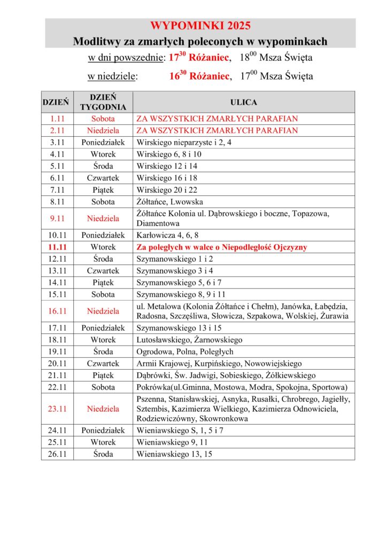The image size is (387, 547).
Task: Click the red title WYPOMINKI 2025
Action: point(200,26)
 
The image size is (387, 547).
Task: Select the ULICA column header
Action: point(243,102)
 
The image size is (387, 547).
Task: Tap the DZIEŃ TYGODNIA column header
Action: point(103,102)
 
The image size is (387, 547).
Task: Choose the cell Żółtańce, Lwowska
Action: point(169,202)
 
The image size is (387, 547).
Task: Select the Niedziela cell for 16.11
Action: point(103,311)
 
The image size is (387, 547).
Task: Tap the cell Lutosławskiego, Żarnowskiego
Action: point(189,340)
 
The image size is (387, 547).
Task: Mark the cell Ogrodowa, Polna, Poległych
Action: point(185,351)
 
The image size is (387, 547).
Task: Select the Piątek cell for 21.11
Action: point(103,375)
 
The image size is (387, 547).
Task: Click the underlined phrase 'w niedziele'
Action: point(112,76)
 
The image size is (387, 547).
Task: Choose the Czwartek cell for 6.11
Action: point(103,177)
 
